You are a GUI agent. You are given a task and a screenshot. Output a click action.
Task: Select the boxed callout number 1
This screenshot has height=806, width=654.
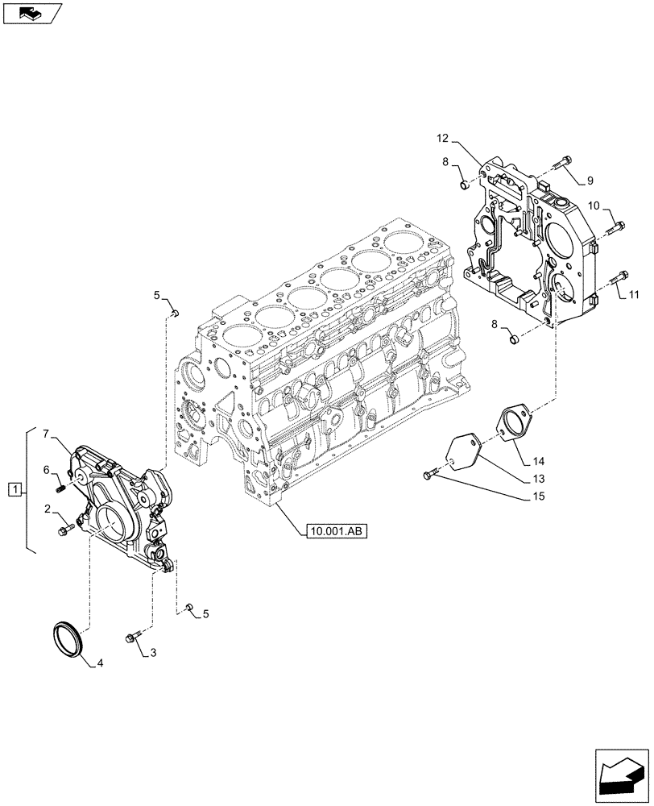[x=14, y=489]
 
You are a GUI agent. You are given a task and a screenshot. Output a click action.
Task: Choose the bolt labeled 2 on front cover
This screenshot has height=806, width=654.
[x=65, y=530]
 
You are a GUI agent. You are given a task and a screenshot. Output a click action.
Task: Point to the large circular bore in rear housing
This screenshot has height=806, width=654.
[x=559, y=239]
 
